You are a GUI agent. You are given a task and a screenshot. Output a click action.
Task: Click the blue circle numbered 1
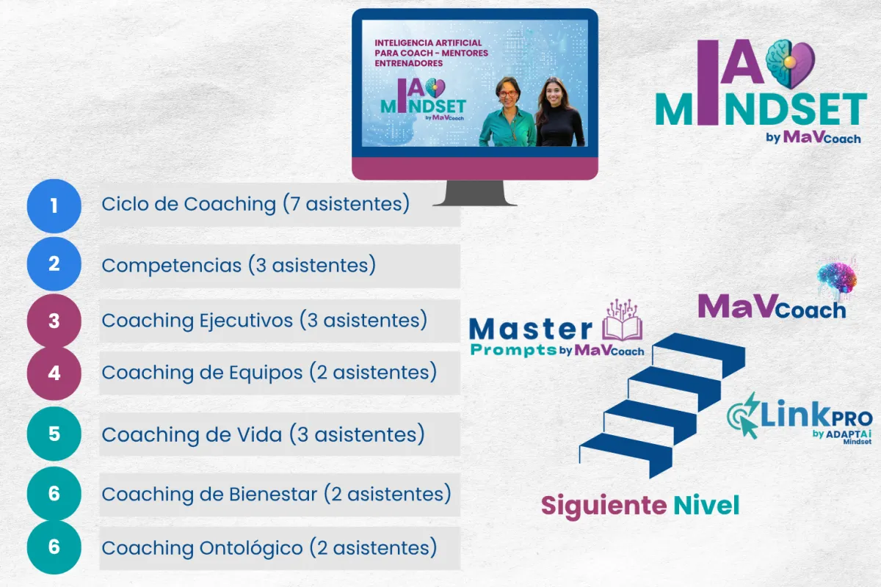[x=54, y=205]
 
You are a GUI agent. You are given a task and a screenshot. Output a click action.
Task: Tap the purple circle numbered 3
[x=54, y=321]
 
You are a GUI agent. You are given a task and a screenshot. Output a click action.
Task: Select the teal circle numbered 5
[x=54, y=434]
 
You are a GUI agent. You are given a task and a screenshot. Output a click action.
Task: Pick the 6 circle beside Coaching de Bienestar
[x=54, y=493]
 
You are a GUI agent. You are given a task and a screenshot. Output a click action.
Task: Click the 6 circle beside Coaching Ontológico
[x=54, y=547]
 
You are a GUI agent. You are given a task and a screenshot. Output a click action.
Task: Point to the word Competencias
[x=172, y=266]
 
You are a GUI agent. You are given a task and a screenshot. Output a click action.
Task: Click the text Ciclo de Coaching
[x=189, y=204]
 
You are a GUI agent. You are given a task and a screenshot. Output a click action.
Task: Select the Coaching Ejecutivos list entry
[x=264, y=321]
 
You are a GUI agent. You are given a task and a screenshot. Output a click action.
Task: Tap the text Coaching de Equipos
[x=202, y=373]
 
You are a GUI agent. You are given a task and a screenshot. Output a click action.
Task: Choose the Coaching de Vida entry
[x=263, y=434]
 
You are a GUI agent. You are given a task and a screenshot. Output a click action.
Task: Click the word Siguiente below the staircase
[x=603, y=506]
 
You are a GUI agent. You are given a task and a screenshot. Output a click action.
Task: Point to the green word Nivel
[x=706, y=506]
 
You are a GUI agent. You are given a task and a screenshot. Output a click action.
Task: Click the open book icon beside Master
[x=623, y=321]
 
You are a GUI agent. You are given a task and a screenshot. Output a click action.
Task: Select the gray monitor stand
[x=475, y=193]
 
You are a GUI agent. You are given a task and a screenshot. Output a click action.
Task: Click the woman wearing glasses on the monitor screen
[x=507, y=112]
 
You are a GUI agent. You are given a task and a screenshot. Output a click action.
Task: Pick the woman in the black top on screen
[x=559, y=112]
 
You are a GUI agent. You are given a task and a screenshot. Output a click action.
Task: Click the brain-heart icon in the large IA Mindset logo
[x=790, y=63]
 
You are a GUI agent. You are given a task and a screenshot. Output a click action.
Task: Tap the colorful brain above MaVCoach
[x=837, y=277]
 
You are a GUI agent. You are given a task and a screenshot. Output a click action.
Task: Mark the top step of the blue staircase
[x=699, y=354]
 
